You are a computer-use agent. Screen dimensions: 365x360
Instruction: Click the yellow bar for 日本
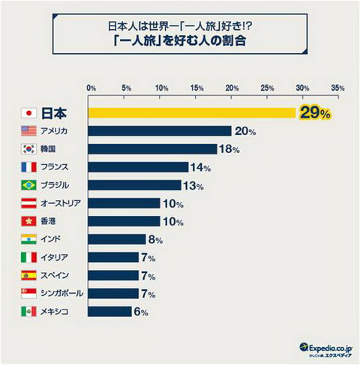click(x=193, y=113)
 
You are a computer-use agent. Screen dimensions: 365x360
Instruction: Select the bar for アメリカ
click(x=160, y=131)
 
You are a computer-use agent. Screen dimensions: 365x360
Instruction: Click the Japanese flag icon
click(x=28, y=113)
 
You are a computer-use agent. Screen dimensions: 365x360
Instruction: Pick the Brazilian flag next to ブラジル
click(x=28, y=185)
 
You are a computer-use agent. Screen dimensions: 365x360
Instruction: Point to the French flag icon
click(x=28, y=167)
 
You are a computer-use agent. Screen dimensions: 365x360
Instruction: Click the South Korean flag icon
click(x=28, y=149)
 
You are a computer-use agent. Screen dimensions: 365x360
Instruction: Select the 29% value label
click(x=314, y=113)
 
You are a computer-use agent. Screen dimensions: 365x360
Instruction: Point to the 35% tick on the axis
click(x=337, y=88)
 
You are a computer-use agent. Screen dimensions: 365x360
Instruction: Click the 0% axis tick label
click(x=91, y=88)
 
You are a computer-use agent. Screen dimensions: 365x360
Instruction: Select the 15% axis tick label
click(x=196, y=88)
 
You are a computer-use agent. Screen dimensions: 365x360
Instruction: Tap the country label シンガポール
click(x=64, y=293)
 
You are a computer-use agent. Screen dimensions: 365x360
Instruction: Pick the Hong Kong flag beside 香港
click(x=28, y=221)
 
